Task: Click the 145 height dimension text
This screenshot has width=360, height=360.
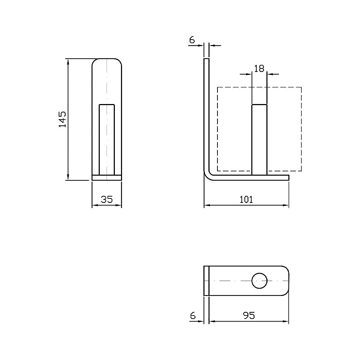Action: pos(62,119)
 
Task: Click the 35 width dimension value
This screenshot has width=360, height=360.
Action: pos(107,199)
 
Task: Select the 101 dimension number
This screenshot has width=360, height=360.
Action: pos(246,199)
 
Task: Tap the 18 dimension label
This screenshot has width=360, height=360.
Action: pos(259,68)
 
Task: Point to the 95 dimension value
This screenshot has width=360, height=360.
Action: pos(249,315)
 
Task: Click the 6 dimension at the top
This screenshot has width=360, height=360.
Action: pos(192,40)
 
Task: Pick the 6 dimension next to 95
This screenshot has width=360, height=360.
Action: pos(193,315)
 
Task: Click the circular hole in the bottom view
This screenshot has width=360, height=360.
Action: pos(259,281)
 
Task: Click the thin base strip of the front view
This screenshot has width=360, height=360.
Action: pos(107,177)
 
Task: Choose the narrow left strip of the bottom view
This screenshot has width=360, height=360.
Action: pos(207,281)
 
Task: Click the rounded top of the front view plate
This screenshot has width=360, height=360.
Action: pos(107,60)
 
